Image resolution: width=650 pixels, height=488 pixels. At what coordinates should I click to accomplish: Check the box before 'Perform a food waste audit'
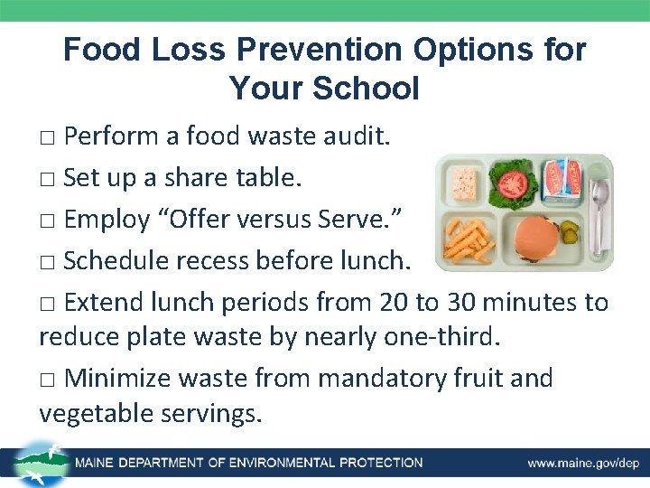pos(49,138)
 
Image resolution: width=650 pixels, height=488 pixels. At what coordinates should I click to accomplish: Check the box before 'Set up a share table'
pos(49,179)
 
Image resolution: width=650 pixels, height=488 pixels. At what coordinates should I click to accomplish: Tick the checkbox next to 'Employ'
pos(49,220)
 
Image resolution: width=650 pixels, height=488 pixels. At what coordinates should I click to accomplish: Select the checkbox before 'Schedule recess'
pos(49,261)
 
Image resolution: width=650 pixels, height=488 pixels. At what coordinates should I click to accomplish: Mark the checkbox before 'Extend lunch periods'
pos(49,302)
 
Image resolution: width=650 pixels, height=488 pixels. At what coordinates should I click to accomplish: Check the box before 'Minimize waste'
pos(49,379)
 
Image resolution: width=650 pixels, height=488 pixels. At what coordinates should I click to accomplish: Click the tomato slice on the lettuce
pos(513,183)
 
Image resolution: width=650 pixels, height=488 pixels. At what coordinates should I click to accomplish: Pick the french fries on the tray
pos(469,240)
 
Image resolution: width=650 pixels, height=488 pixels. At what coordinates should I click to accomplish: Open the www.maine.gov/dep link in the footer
pos(582,463)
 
